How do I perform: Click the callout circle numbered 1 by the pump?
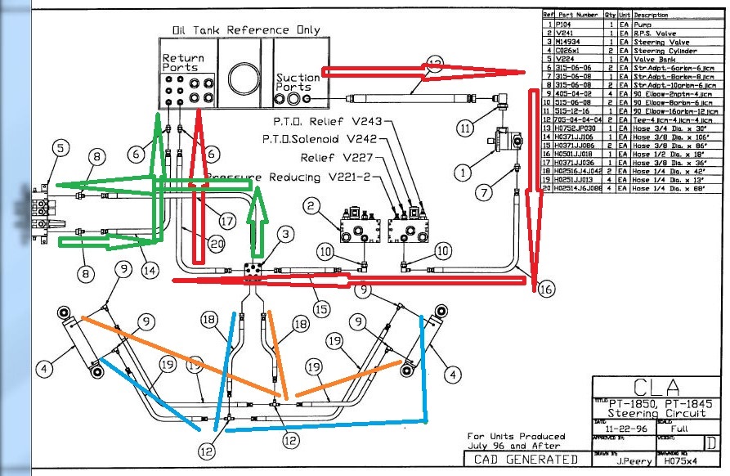(x=463, y=173)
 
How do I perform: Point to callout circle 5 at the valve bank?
(x=59, y=148)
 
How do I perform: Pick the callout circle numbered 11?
(x=465, y=128)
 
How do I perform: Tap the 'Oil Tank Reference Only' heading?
(x=246, y=30)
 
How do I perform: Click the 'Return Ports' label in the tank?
(x=183, y=63)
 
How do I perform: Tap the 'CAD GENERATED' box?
(x=525, y=459)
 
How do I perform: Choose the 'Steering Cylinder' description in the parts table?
(x=661, y=51)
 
